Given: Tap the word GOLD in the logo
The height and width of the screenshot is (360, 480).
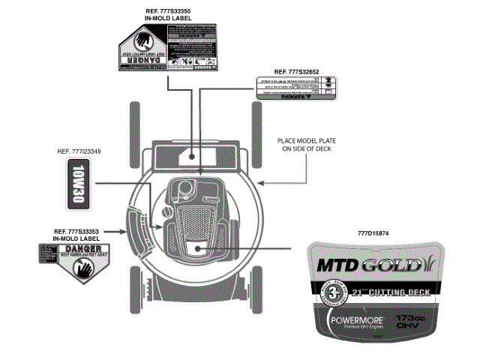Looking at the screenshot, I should click(385, 265).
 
